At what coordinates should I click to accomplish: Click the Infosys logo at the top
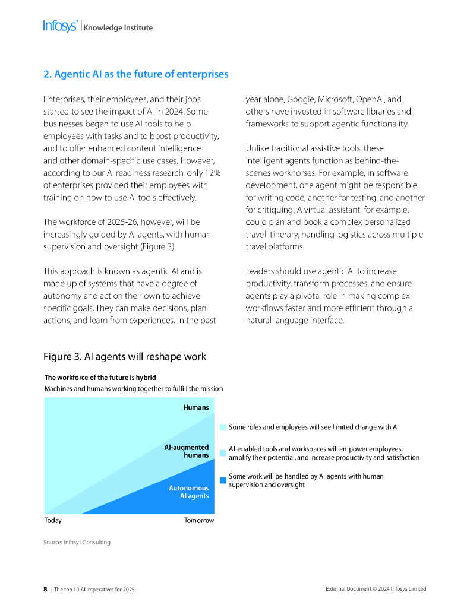coord(60,26)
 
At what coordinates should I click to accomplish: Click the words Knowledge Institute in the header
coord(118,27)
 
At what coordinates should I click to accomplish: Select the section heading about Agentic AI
coord(136,74)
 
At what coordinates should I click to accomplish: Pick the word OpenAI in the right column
coord(371,99)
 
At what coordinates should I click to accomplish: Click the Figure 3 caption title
coord(125,356)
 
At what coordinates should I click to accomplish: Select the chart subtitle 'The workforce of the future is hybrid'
coord(100,378)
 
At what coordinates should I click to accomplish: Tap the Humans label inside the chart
coord(195,407)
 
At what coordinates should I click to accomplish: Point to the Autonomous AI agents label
coord(188,492)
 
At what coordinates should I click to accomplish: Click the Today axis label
coord(53,521)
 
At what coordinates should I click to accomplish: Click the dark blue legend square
coord(223,480)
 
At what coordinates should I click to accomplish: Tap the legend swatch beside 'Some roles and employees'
coord(223,427)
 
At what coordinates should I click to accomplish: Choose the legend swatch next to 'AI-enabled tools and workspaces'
coord(223,453)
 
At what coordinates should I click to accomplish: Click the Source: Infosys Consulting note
coord(77,542)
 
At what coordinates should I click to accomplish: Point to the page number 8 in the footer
coord(45,589)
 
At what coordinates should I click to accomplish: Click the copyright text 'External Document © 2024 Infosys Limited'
coord(376,589)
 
